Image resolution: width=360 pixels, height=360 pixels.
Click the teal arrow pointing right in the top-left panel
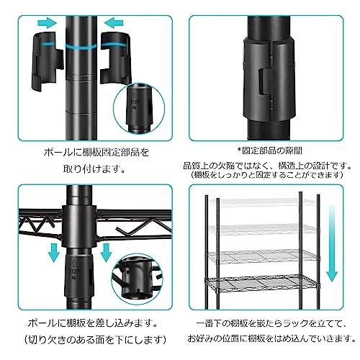45,23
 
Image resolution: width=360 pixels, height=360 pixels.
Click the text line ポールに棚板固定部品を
87,153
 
